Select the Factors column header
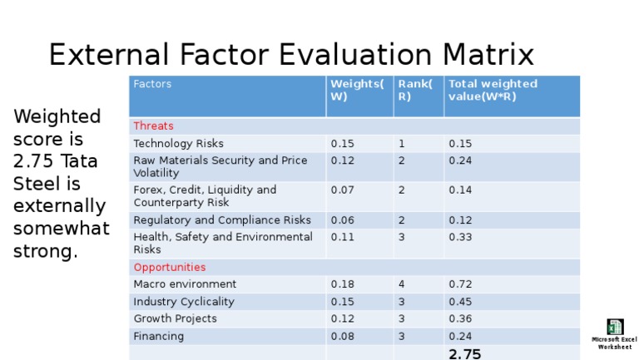152,84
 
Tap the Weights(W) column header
357,90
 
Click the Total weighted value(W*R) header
493,90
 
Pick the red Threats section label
154,126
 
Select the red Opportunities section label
170,267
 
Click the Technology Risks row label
178,143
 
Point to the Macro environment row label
185,284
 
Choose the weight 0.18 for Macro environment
342,284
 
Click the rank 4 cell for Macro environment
402,284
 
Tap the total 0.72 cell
460,284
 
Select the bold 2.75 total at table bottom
464,354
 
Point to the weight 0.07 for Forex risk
342,190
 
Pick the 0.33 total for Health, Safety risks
460,237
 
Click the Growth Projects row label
175,318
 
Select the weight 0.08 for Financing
342,336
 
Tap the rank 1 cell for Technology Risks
401,143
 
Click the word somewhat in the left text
61,228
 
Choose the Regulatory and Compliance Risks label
222,219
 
